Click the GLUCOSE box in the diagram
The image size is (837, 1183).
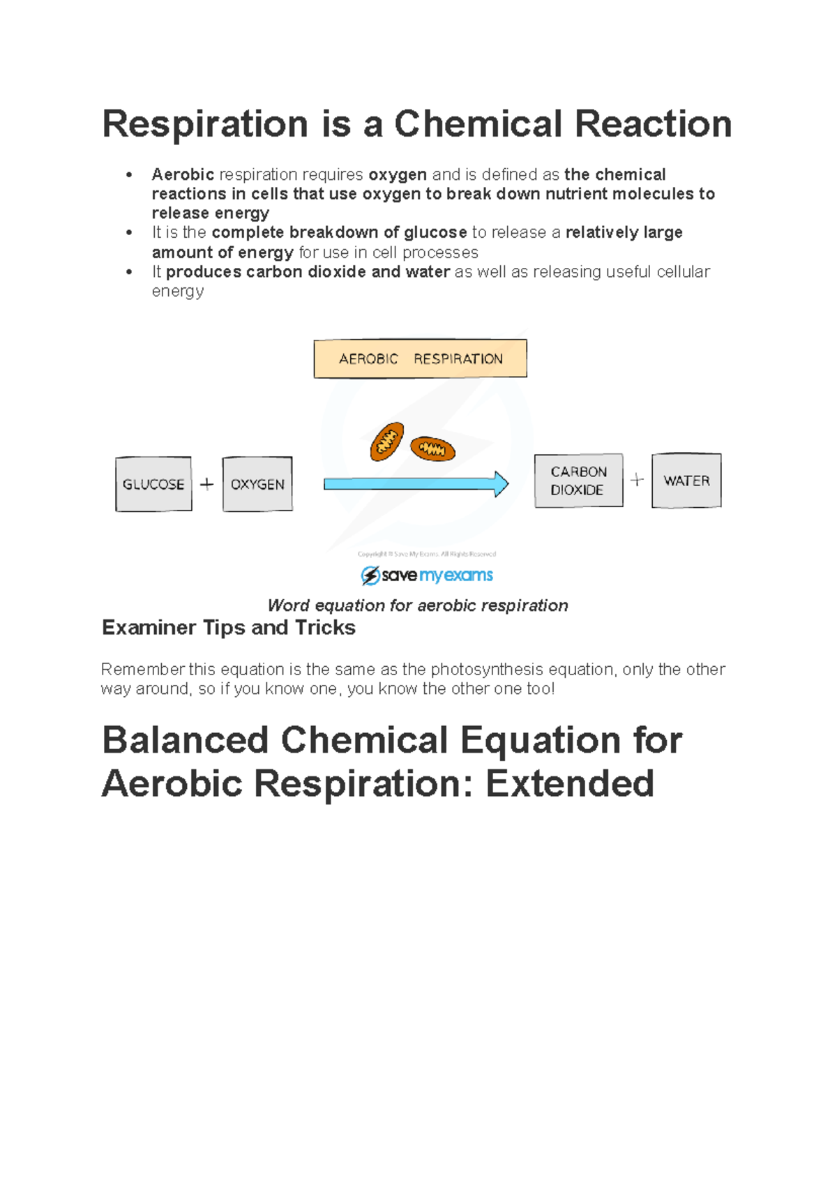point(153,484)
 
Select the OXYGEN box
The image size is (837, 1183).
point(257,484)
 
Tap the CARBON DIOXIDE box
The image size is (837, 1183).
point(578,481)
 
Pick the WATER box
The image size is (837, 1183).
point(686,481)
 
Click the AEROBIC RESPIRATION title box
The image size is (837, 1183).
point(420,359)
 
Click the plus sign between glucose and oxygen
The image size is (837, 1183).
point(206,484)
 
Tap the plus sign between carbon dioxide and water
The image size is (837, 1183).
point(637,480)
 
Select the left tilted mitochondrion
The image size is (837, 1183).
point(387,442)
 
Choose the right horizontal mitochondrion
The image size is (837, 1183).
point(432,449)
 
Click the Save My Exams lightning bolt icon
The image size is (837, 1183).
point(370,575)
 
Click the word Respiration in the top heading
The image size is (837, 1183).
point(205,124)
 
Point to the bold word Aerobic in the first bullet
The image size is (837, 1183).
point(183,174)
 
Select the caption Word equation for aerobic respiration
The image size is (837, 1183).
point(418,605)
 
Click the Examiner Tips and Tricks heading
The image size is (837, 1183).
point(229,628)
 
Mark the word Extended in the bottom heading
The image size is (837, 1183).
point(569,783)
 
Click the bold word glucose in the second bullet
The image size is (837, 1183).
point(435,232)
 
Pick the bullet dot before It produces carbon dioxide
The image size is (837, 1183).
point(129,272)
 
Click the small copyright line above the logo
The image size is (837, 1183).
point(426,554)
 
